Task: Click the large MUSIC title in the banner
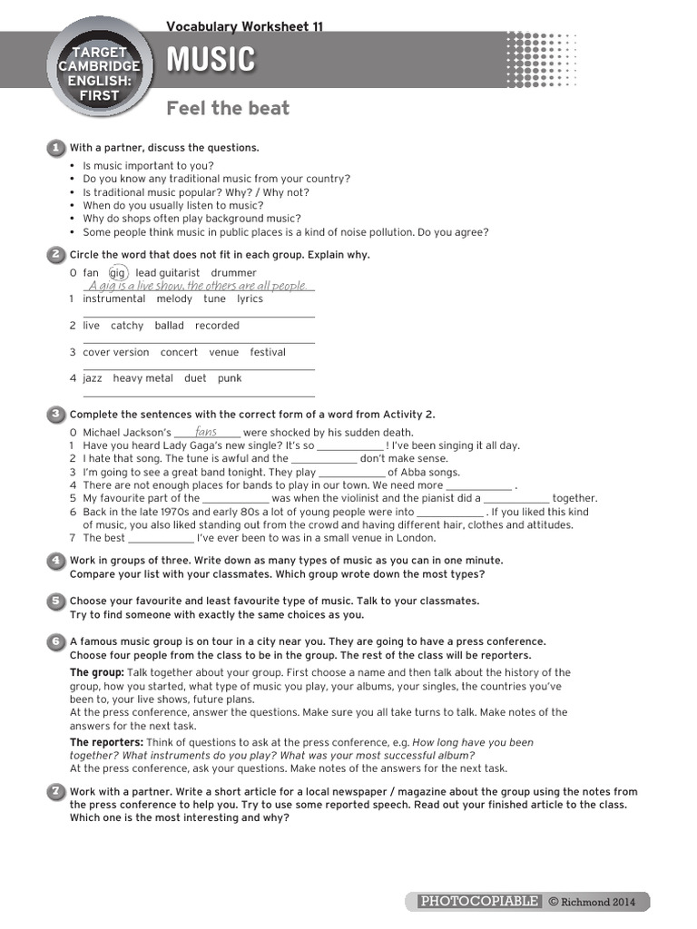tap(211, 61)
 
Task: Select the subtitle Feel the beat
tap(228, 109)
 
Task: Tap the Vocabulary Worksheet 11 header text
tap(244, 26)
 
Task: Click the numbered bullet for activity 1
tap(55, 147)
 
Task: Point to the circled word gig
tap(118, 273)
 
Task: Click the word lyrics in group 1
tap(250, 299)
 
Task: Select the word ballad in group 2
tap(169, 326)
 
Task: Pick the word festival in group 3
tap(268, 352)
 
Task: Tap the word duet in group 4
tap(195, 378)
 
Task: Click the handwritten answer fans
tap(206, 432)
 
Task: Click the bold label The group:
tap(97, 672)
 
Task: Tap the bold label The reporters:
tap(106, 742)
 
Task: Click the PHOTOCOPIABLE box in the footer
tap(479, 901)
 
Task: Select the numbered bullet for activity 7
tap(55, 792)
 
